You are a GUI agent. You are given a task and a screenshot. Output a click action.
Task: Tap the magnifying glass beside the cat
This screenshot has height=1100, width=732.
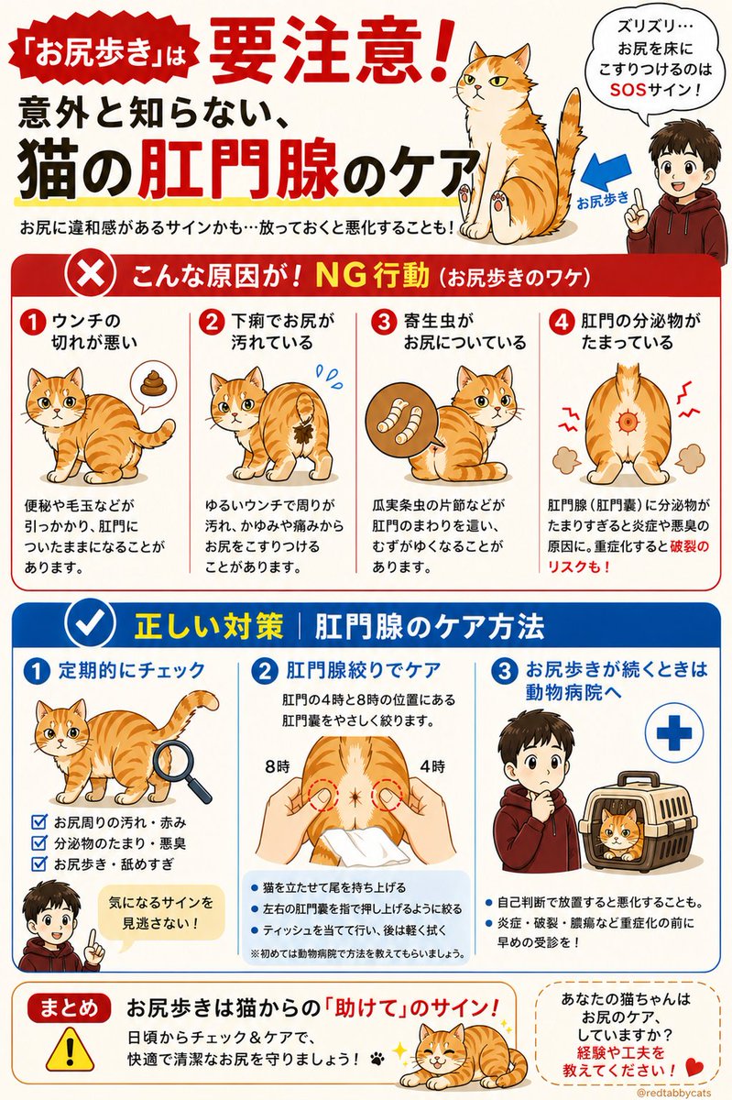point(182,766)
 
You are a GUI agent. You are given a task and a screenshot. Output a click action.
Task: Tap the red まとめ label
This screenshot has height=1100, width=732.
point(66,1006)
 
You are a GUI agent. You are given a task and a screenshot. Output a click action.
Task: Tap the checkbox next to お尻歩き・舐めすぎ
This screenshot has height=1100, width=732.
point(38,863)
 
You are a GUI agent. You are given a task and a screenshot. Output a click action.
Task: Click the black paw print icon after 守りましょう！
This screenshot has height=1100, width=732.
point(377,1058)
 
